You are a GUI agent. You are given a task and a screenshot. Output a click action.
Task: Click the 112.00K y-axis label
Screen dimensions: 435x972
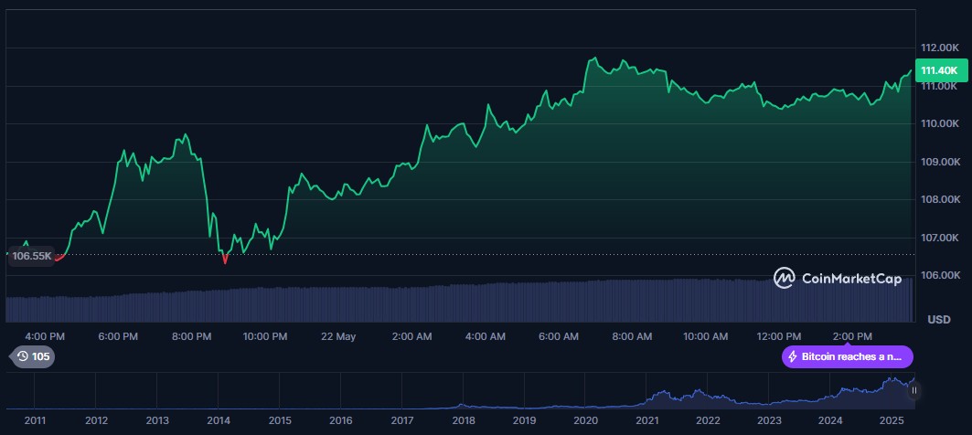(x=939, y=48)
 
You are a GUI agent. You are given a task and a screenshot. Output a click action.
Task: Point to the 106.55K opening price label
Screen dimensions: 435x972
(x=30, y=257)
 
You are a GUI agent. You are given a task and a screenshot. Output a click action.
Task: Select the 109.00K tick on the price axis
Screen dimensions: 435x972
(x=939, y=162)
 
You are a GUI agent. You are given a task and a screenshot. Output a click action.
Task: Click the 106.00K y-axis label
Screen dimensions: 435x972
(x=939, y=275)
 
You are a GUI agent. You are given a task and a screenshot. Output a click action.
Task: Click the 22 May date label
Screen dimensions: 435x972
(x=338, y=336)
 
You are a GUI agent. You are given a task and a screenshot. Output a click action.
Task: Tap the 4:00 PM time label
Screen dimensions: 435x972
(x=44, y=336)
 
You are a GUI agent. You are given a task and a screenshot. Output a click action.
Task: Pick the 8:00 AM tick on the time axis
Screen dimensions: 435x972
(x=632, y=336)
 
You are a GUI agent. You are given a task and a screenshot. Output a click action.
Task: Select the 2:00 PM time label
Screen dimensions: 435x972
(x=852, y=336)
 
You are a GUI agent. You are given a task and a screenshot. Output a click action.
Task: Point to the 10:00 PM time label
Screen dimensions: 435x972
(x=264, y=336)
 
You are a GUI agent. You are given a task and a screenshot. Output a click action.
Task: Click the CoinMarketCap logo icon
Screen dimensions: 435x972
(x=785, y=277)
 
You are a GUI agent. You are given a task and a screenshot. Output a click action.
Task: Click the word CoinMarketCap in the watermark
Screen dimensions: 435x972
(x=851, y=278)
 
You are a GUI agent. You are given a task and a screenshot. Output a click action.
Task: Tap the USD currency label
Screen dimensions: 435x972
(x=939, y=319)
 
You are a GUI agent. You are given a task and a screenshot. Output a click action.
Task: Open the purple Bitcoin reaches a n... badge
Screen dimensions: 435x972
(x=847, y=356)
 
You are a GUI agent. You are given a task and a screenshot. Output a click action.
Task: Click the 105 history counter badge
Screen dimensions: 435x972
(x=32, y=356)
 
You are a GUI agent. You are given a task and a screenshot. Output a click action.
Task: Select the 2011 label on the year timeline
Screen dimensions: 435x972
(x=35, y=420)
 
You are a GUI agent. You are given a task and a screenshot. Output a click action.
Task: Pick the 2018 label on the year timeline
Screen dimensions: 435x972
(x=463, y=420)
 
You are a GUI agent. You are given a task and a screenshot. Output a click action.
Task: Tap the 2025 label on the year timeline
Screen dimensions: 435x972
(x=892, y=420)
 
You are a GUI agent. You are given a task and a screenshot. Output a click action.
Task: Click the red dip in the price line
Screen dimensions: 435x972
(x=225, y=260)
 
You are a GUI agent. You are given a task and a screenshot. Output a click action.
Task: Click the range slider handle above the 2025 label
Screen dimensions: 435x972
(x=913, y=390)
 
